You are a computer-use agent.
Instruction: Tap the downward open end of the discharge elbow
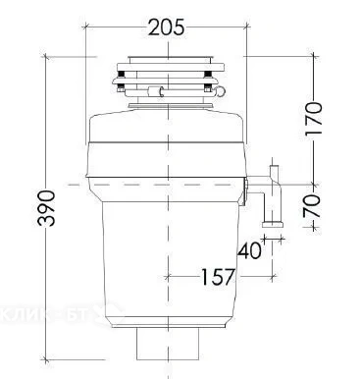point(274,225)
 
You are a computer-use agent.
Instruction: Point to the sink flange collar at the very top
point(164,55)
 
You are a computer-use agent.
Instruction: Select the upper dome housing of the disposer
point(164,137)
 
